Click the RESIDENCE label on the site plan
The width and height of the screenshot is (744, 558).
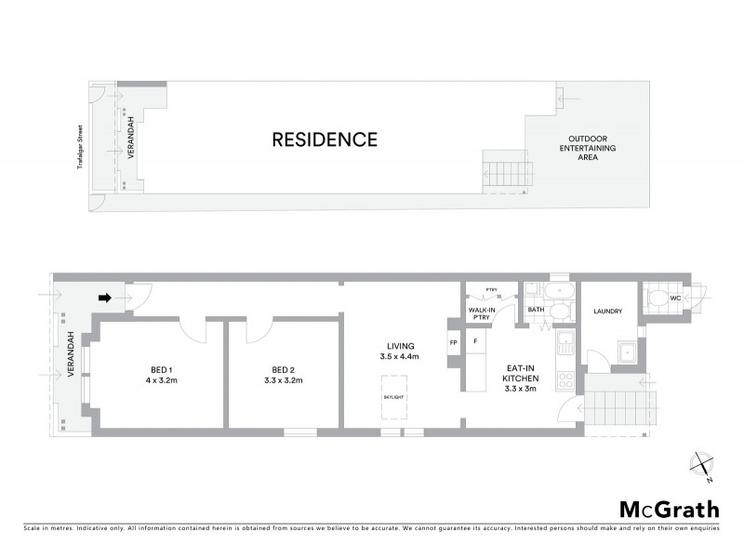324,140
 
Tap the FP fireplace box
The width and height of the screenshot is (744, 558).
454,342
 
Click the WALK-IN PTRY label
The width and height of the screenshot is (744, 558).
481,314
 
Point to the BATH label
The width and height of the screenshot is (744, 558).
536,309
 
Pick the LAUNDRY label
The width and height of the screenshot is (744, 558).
606,312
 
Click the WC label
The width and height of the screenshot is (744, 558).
676,298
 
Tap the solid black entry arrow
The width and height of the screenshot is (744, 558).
105,299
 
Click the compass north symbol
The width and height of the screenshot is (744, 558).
703,465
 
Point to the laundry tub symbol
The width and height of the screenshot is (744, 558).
626,353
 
